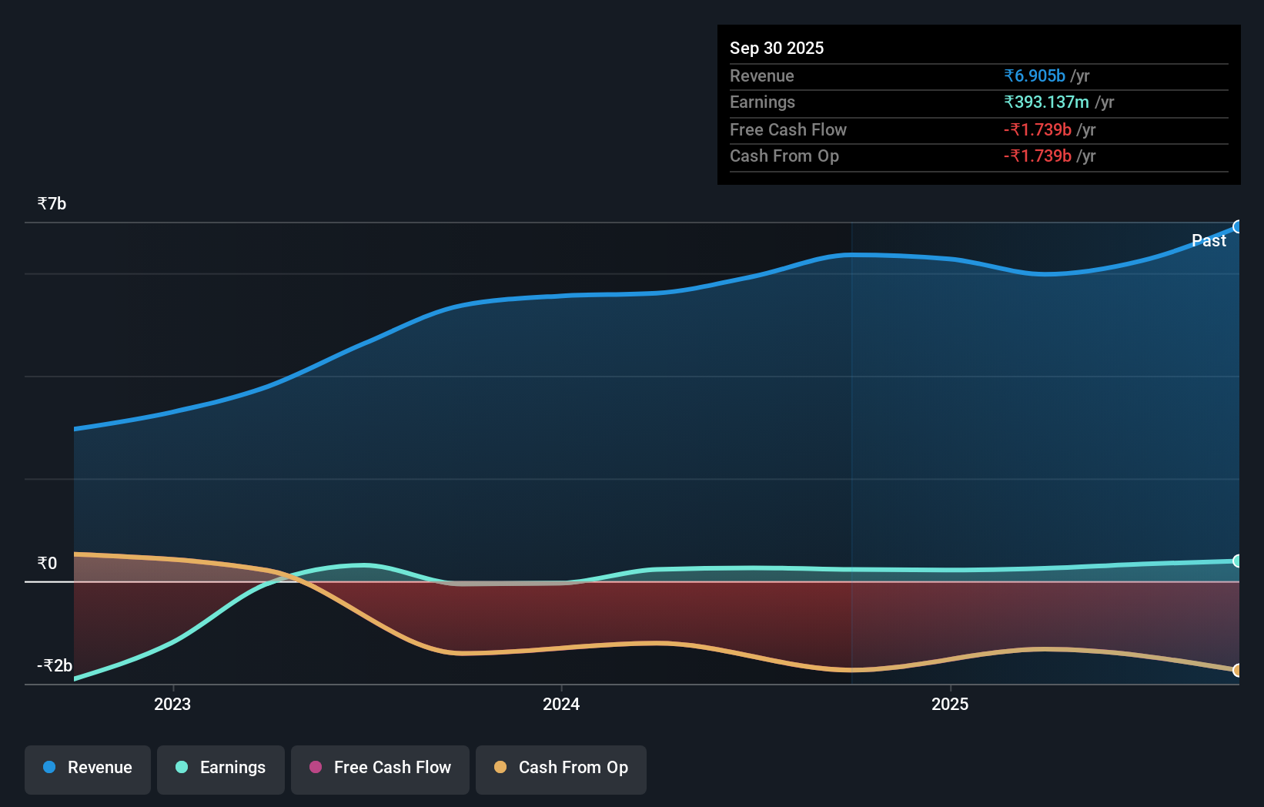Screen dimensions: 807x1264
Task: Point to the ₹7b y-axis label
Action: (52, 204)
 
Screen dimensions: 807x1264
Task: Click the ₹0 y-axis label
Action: (47, 564)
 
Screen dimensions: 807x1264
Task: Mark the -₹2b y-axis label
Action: (55, 666)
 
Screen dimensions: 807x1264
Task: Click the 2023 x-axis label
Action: (172, 705)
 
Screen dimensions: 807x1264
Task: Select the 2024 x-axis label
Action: (561, 705)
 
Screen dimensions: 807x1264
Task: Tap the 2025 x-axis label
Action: (950, 705)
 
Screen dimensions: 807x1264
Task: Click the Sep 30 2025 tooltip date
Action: (777, 49)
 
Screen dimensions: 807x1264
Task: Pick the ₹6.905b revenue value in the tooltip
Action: (1034, 76)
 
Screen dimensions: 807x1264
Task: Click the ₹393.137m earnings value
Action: (1046, 102)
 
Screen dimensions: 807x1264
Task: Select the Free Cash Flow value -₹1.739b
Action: (1037, 130)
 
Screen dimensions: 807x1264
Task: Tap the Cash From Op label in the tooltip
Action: (784, 156)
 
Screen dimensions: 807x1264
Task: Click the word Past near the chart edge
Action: (1209, 241)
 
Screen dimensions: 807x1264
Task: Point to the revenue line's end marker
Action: (1237, 227)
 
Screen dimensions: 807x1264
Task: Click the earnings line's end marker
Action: (1237, 561)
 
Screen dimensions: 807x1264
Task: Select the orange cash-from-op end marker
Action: (1237, 671)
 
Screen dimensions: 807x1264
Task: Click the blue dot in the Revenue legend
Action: (49, 768)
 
